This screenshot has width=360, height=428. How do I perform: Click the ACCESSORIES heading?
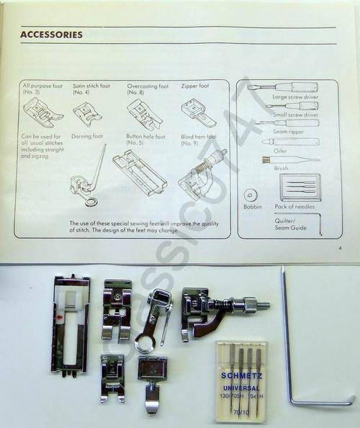coord(51,35)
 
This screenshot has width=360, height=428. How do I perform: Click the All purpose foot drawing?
coord(42,112)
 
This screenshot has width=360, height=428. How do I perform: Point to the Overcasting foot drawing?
coord(144,114)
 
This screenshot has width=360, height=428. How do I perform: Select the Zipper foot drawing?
coord(197,112)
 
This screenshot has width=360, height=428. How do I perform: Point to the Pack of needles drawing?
coord(300,188)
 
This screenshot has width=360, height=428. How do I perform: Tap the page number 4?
coord(339,247)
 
